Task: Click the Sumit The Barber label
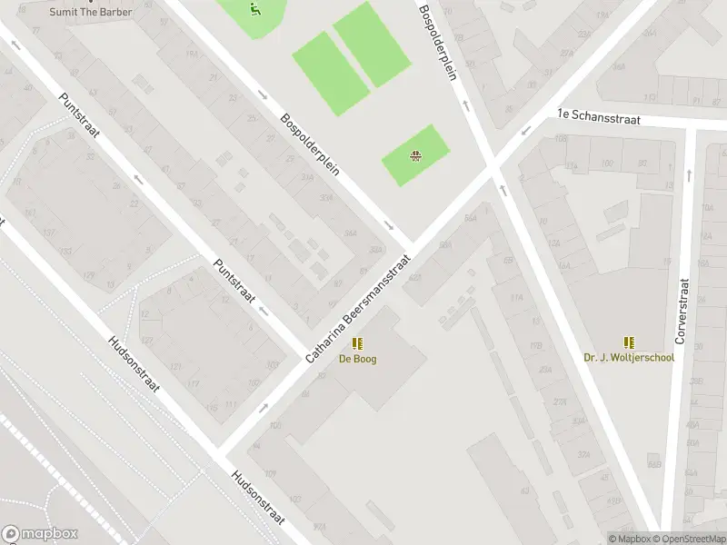coord(92,12)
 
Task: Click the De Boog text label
coord(357,359)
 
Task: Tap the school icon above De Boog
coord(357,343)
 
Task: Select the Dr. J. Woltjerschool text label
coord(629,357)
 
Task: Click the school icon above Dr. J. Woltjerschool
coord(629,342)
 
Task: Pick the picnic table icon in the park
coord(415,155)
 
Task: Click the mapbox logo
coord(39,534)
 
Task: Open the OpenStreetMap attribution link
coord(688,539)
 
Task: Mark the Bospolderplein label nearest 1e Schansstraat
coord(436,41)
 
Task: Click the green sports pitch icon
coord(254,10)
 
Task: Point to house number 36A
coord(470,218)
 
